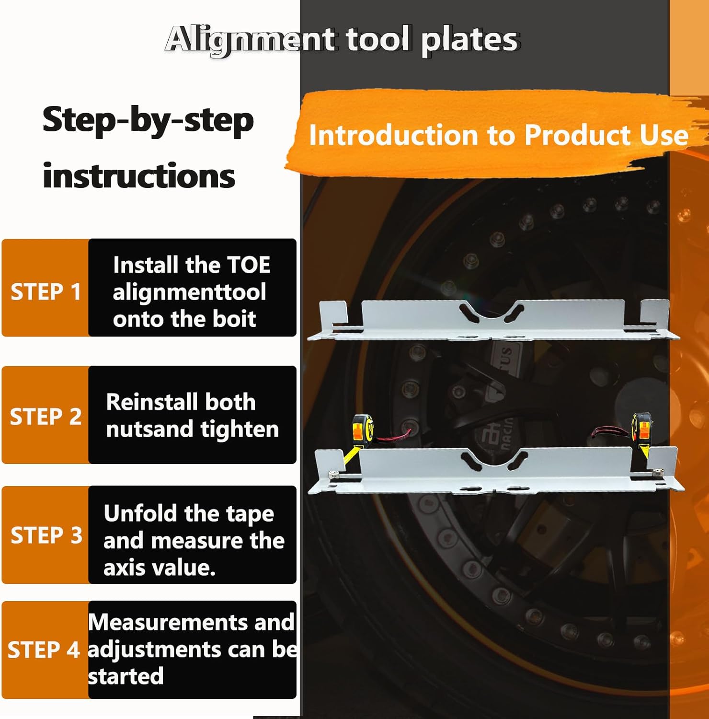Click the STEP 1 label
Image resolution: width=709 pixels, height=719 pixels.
(x=46, y=292)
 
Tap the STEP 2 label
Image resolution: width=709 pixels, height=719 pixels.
(x=46, y=417)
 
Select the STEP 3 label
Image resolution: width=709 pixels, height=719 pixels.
(x=46, y=535)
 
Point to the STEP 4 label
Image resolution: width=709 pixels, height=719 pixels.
(x=43, y=650)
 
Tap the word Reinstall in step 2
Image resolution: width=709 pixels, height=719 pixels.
(x=144, y=402)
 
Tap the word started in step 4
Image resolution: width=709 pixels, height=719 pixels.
(x=126, y=676)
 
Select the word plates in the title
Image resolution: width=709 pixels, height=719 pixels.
(x=470, y=40)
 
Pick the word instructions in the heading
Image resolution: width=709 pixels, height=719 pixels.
(x=139, y=176)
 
